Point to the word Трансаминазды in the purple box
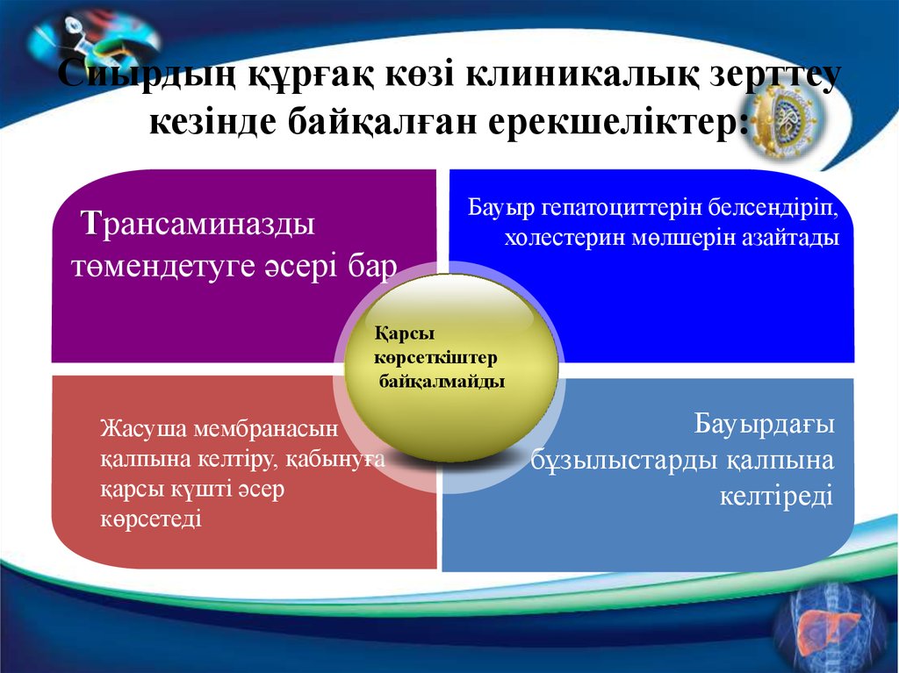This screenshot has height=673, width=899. coord(199,224)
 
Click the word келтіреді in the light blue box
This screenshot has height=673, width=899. coord(774,497)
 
